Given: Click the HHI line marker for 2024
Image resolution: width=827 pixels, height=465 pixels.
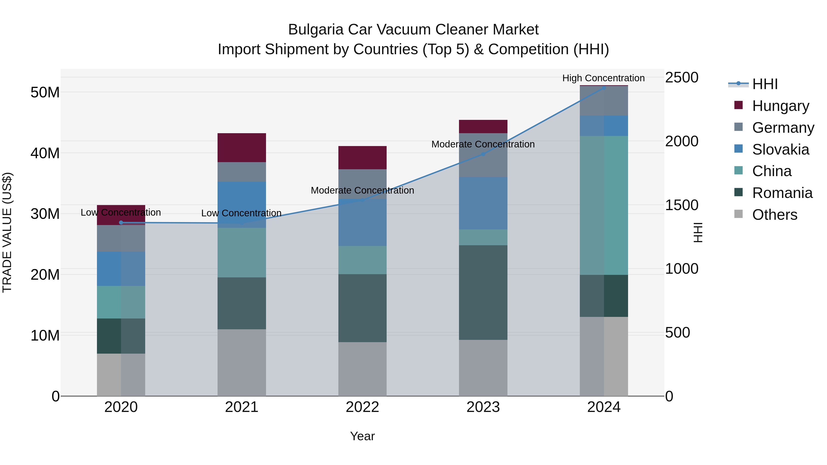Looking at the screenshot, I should (603, 88).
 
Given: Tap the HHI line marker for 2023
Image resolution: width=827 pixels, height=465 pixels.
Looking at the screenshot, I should (483, 154).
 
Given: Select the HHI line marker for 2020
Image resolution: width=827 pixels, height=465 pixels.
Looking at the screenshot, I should (121, 222).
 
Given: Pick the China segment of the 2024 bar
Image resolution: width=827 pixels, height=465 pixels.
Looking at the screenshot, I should (603, 205).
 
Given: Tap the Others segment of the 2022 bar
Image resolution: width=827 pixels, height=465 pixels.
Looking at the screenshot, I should (363, 369).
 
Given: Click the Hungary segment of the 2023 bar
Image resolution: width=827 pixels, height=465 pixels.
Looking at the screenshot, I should (483, 127).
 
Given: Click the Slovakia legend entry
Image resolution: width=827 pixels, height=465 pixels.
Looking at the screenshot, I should (780, 149).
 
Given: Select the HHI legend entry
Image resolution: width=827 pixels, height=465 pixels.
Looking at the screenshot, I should (764, 84).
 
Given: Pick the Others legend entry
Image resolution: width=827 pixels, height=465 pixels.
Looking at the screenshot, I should (774, 215).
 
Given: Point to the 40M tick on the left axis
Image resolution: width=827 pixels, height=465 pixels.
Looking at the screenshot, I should (45, 153).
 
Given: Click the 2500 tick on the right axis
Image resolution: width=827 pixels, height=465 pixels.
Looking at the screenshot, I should (681, 77).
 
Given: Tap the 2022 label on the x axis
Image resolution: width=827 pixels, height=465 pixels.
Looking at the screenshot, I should (363, 407).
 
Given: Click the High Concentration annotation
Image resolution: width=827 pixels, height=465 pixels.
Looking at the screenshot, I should (603, 78).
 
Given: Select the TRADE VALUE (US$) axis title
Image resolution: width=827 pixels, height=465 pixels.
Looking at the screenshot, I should (7, 232).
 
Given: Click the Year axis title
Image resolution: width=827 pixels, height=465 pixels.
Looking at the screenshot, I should (363, 436).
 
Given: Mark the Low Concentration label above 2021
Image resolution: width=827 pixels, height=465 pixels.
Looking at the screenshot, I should (241, 213).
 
